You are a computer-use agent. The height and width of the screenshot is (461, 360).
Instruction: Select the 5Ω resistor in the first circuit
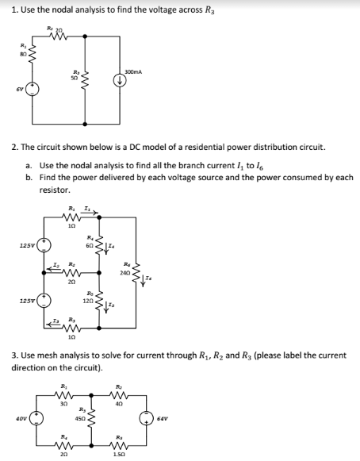(85, 79)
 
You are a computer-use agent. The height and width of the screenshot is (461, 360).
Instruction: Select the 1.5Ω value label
(118, 455)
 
